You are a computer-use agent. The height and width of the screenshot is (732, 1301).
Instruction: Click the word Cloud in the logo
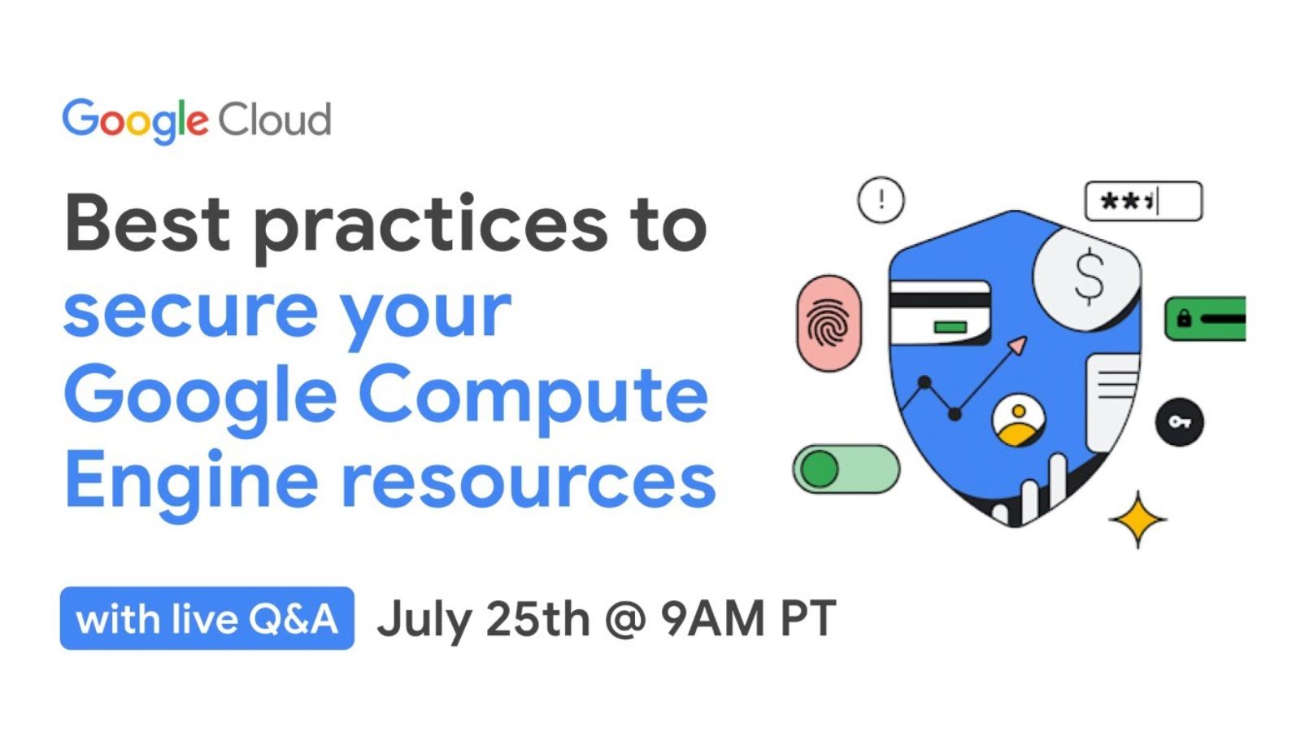click(x=274, y=120)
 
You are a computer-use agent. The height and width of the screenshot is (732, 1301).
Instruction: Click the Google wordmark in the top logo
click(x=135, y=121)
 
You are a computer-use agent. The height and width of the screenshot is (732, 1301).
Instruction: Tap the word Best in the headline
click(x=147, y=223)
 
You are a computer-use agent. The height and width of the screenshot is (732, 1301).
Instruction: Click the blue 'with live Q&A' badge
click(x=207, y=618)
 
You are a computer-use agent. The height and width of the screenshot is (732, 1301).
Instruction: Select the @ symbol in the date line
click(x=625, y=619)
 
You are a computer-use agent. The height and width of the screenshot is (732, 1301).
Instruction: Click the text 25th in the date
click(x=537, y=618)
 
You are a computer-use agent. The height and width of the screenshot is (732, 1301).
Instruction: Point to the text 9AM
click(x=713, y=618)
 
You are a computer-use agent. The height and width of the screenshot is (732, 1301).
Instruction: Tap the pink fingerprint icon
click(x=829, y=323)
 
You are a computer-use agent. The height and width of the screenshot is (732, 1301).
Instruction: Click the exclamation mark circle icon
click(x=881, y=200)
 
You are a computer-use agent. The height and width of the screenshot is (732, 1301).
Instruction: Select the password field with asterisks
click(x=1143, y=201)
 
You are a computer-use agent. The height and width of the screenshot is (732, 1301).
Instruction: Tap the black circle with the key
click(x=1179, y=422)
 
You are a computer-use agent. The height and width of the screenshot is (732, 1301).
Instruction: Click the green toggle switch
click(x=846, y=468)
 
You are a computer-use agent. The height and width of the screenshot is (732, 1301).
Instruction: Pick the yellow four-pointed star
click(x=1138, y=520)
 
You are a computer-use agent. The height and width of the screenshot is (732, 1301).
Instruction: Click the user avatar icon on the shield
click(x=1018, y=420)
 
